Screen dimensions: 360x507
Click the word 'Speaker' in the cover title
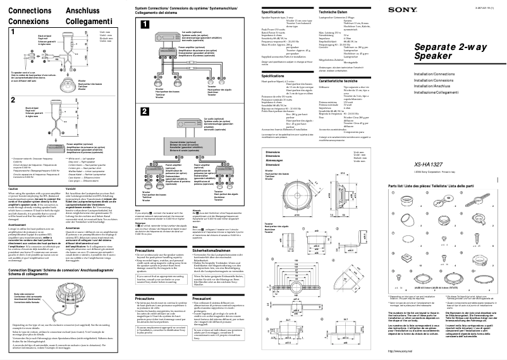click(432, 75)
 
